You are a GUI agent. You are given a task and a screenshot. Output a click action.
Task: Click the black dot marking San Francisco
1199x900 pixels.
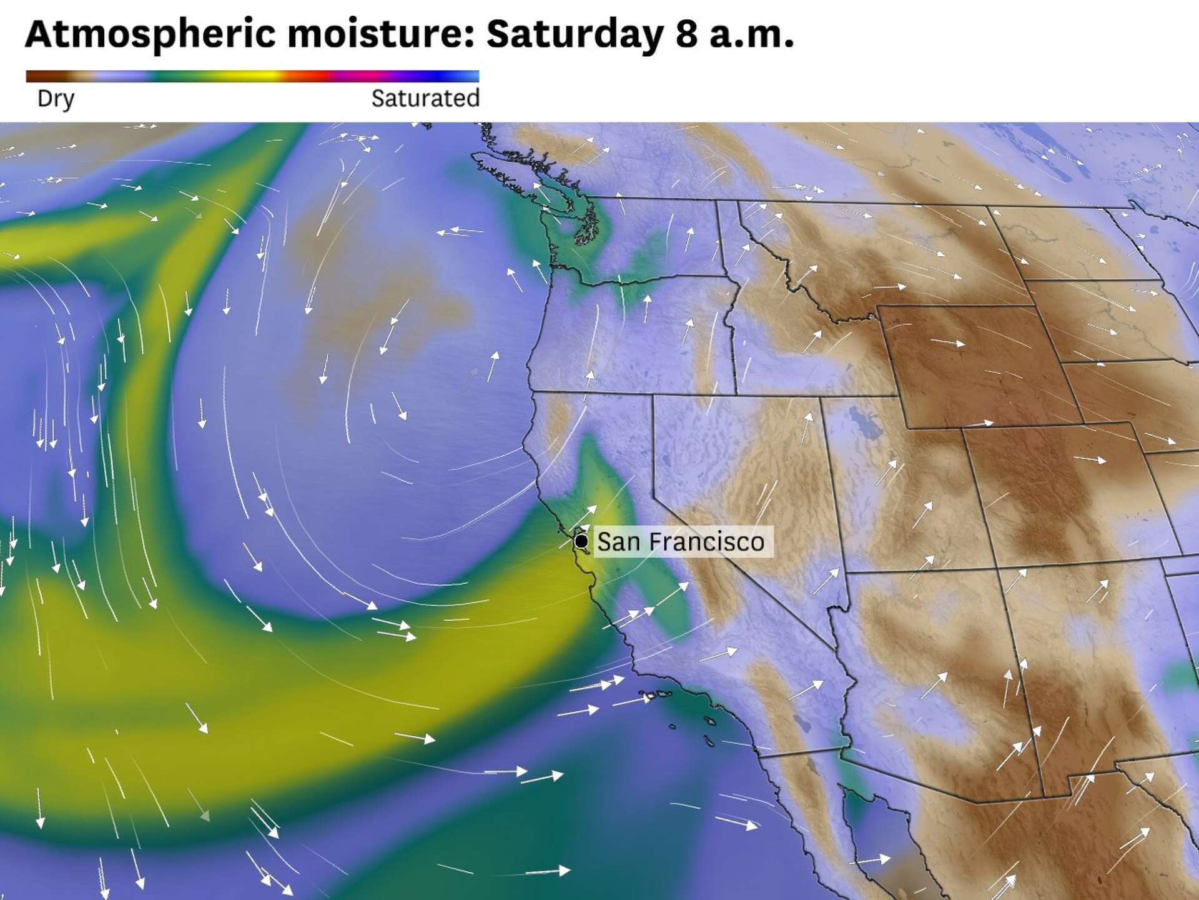point(581,541)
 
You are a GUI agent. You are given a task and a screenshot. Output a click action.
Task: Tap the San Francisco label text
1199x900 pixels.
point(681,542)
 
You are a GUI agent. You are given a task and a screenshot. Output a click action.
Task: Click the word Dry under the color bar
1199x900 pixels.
point(56,99)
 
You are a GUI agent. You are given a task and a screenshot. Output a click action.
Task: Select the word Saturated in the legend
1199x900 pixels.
point(425,99)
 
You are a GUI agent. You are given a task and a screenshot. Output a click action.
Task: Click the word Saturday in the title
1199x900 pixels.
point(575,34)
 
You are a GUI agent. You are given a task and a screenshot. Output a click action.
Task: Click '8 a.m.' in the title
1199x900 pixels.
point(734,34)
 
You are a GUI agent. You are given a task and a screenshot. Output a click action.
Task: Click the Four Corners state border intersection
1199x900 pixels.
point(998,568)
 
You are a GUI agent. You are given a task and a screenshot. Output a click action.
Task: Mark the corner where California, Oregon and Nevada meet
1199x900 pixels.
point(653,395)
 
